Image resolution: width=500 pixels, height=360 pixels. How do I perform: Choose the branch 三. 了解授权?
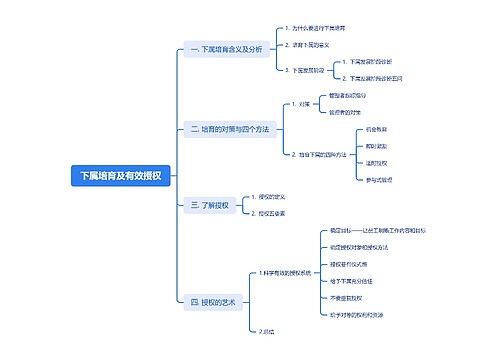point(209,204)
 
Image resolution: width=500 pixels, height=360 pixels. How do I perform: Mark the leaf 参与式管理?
point(380,179)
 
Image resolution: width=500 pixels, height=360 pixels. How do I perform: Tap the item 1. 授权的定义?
point(271,197)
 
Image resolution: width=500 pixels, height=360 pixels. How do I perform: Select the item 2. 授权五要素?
point(271,212)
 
